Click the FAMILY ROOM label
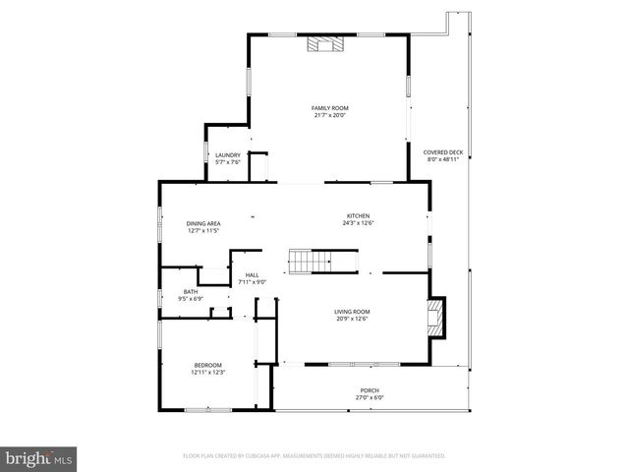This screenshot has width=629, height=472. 330,107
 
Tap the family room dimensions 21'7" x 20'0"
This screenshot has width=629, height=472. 330,115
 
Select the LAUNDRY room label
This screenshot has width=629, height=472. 228,155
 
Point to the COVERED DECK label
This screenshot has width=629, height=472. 443,152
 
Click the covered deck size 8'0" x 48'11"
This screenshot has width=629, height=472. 443,160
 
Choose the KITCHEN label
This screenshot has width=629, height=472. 357,216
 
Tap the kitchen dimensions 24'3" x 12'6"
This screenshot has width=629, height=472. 357,224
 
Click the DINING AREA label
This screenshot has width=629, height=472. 203,223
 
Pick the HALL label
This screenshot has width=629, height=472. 253,275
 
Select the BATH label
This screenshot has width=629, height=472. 190,291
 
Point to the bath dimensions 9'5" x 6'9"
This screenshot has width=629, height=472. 190,299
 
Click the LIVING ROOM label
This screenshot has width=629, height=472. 352,312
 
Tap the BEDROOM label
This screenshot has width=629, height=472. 207,365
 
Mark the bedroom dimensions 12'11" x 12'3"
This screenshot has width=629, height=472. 207,373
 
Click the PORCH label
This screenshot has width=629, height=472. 370,390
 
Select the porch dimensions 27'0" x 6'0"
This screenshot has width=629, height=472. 370,398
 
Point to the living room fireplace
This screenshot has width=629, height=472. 435,317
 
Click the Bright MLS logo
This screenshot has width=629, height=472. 39,458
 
